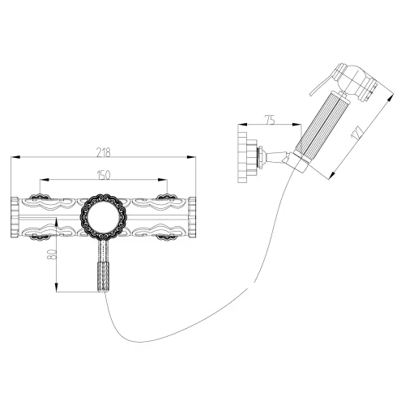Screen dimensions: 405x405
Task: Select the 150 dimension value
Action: tap(103, 174)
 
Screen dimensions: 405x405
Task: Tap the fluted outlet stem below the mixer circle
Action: tap(103, 267)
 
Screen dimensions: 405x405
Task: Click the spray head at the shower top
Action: tap(356, 83)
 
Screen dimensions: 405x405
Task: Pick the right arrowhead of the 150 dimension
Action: tap(165, 181)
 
